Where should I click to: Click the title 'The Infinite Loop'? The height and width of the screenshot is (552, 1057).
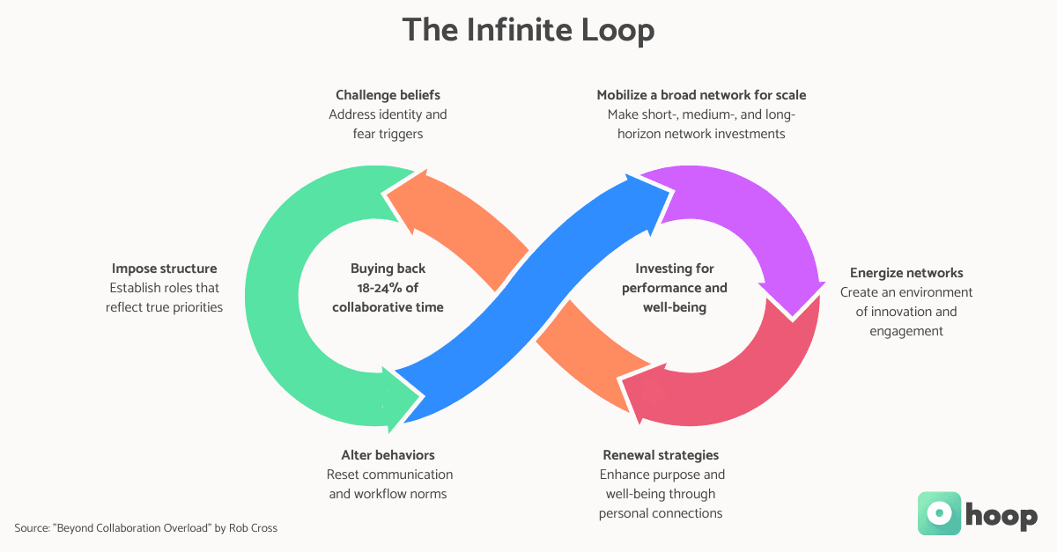click(528, 31)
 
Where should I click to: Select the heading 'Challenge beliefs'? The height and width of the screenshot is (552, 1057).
click(388, 95)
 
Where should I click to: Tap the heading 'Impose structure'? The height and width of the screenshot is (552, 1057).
click(164, 269)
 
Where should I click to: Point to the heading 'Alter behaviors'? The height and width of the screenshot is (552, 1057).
click(388, 455)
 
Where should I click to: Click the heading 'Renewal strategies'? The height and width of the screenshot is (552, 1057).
click(661, 455)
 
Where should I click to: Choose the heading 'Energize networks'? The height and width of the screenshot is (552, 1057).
click(905, 273)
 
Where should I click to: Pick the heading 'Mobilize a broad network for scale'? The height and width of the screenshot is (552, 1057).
click(701, 95)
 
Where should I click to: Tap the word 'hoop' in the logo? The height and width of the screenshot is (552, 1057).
click(1001, 515)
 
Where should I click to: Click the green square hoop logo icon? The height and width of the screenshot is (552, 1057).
click(939, 513)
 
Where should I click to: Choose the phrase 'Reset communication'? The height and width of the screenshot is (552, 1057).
click(388, 475)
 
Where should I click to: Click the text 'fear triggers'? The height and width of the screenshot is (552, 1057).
click(388, 134)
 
